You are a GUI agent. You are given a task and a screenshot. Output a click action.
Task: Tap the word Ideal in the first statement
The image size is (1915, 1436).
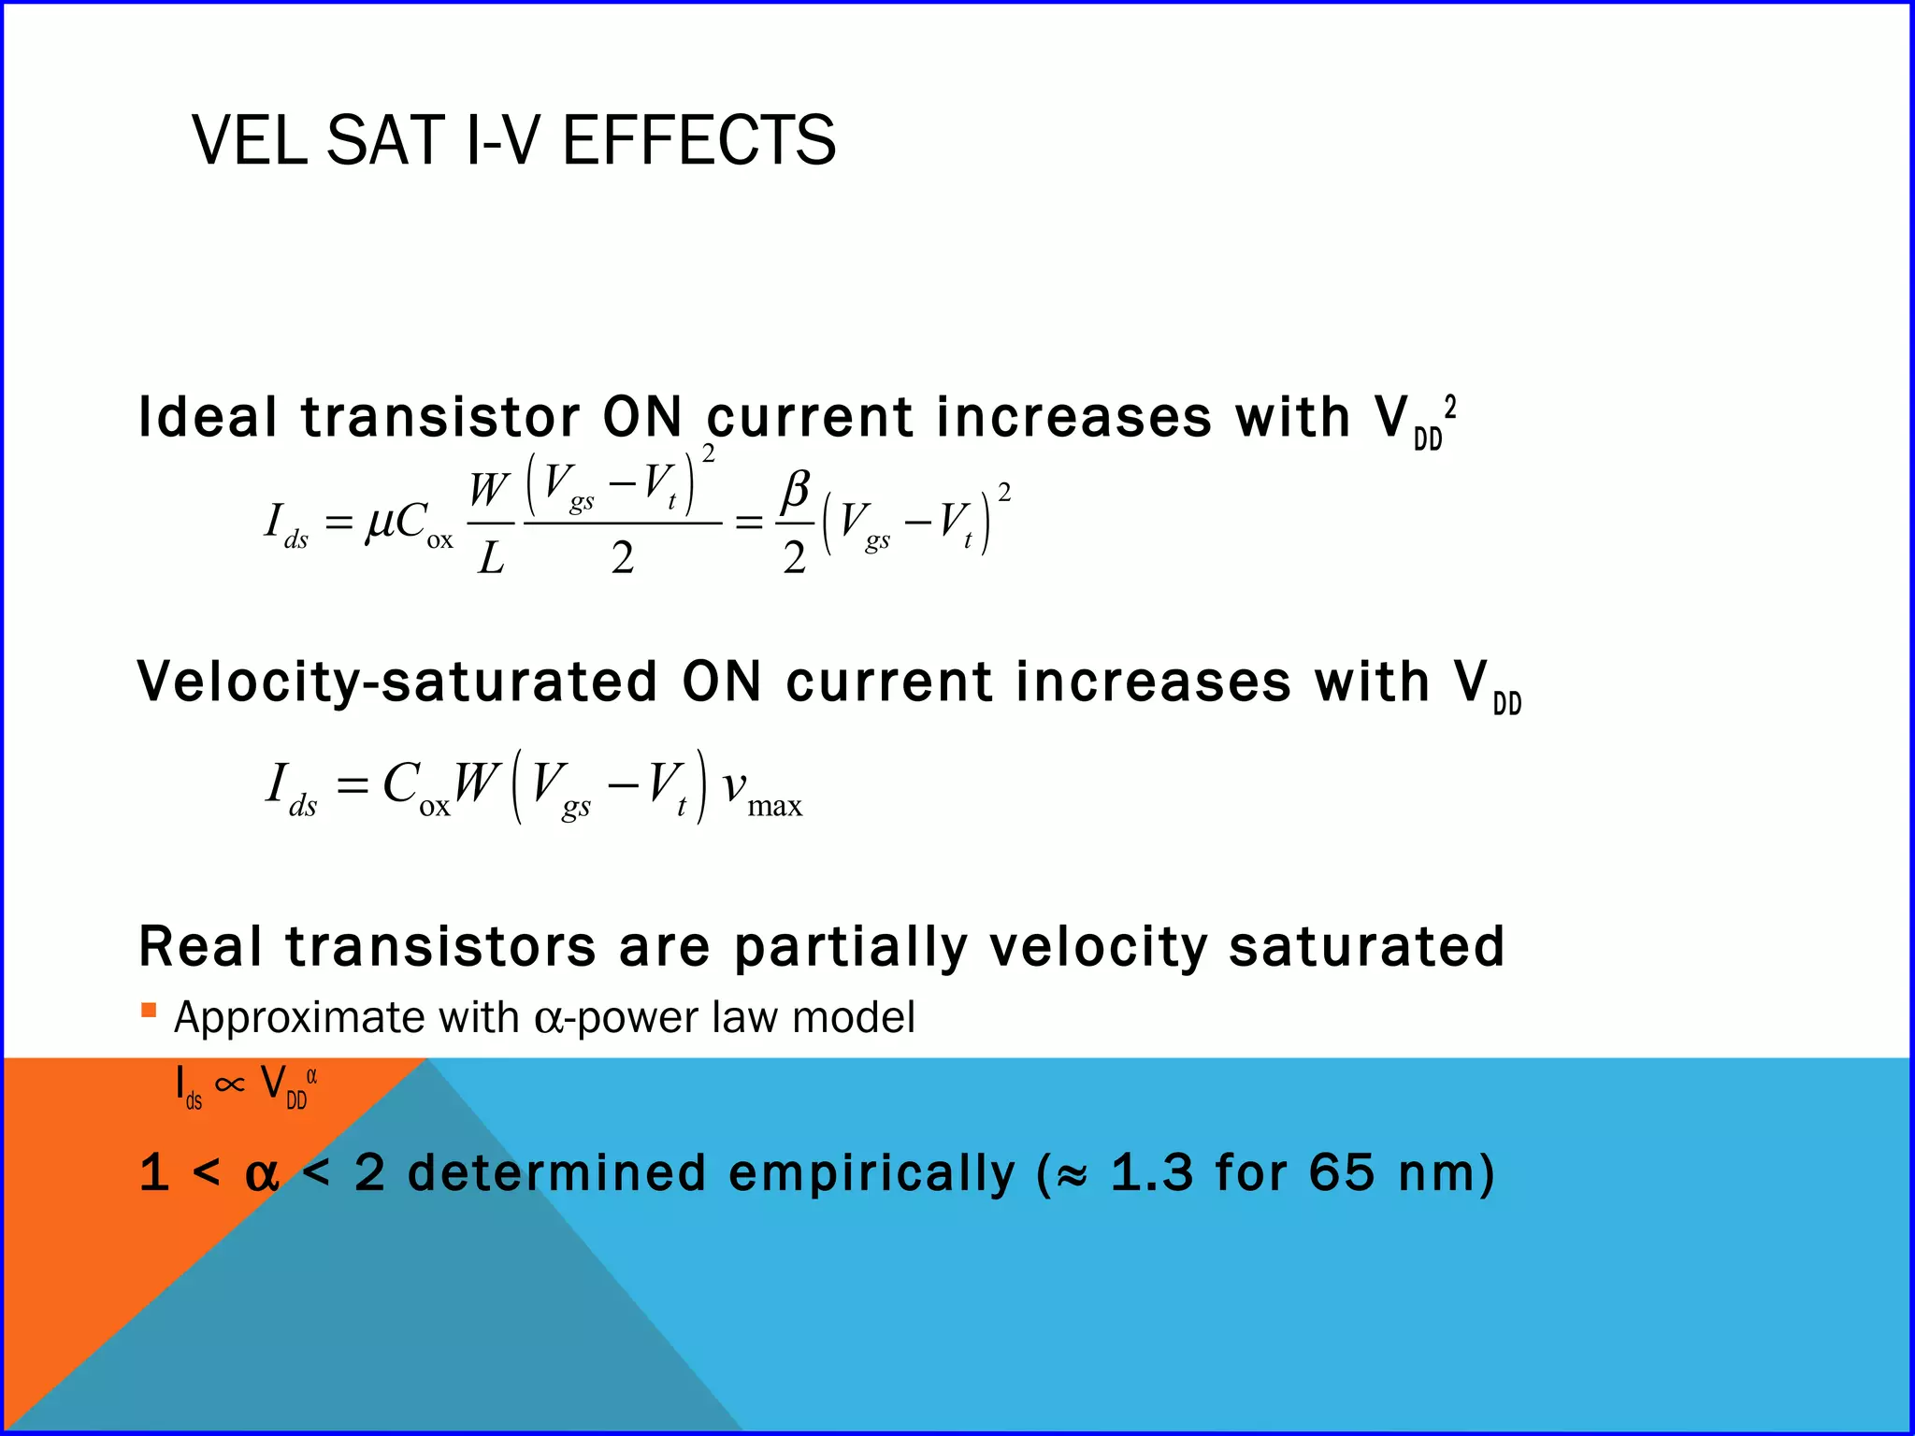208,417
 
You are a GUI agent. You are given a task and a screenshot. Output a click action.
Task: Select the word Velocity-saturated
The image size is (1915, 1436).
397,682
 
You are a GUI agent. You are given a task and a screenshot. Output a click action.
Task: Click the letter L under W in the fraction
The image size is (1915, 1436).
491,559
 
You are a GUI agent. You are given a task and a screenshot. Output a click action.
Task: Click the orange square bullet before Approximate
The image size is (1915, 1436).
149,1010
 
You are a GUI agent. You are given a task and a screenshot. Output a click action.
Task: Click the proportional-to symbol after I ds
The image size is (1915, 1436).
229,1084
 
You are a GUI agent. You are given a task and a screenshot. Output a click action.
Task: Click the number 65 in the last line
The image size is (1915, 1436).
1342,1173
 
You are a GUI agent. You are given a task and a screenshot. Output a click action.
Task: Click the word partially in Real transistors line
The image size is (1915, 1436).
850,948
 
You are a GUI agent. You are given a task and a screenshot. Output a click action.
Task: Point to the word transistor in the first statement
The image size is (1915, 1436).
440,417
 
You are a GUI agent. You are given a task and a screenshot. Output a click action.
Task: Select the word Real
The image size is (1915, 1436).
200,946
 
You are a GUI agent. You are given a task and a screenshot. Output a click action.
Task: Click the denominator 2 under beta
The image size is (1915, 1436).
794,559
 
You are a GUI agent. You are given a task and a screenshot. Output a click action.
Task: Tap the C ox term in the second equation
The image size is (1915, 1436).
414,788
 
